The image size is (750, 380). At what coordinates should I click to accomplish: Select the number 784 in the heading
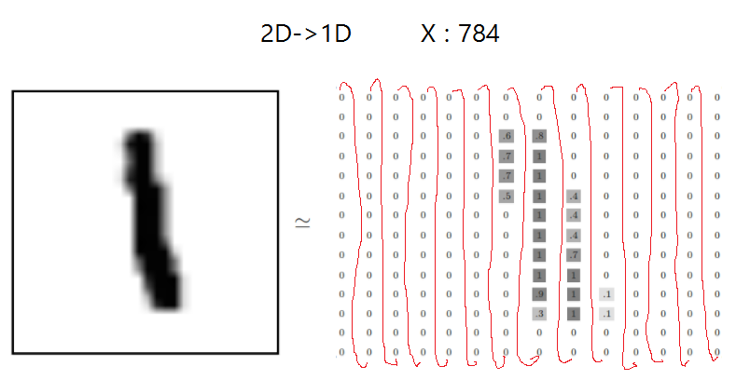coord(479,35)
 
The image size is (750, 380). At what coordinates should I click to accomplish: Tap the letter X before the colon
coord(428,35)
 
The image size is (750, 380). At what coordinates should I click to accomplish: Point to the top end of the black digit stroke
coord(139,140)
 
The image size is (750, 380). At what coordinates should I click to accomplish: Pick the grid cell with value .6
coord(507,137)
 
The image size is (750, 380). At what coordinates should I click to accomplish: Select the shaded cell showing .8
coord(539,137)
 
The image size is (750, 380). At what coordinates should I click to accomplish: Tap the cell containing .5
coord(507,196)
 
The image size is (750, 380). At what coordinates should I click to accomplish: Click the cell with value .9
coord(539,294)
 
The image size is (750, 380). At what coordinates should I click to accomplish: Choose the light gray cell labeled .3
coord(539,314)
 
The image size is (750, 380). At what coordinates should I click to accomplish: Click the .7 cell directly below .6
coord(507,156)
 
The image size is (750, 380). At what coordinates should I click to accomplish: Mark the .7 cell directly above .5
coord(507,176)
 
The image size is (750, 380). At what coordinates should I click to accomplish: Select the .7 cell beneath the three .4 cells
coord(573,254)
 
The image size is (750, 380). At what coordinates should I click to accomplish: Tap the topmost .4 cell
coord(573,196)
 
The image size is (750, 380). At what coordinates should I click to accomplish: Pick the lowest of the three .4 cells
coord(573,235)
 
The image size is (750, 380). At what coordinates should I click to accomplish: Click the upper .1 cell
coord(606,294)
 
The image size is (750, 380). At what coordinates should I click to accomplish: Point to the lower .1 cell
coord(606,314)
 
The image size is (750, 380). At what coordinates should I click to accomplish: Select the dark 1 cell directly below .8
coord(539,156)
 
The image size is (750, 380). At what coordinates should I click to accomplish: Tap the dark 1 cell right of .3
coord(573,314)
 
